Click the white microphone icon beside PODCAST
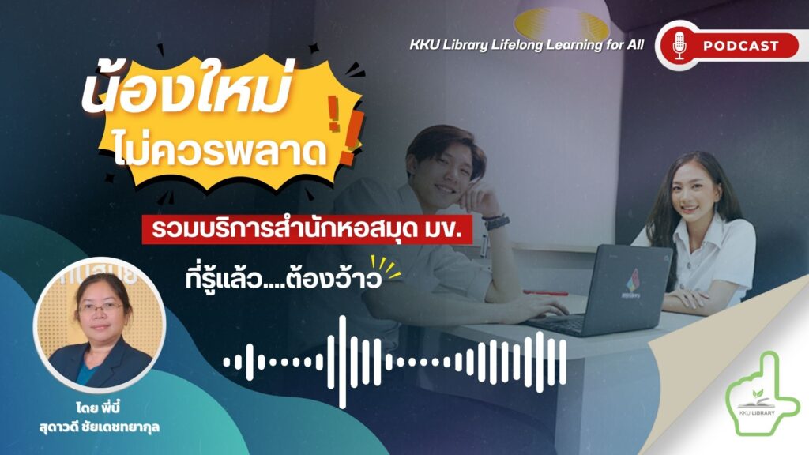pos(679,45)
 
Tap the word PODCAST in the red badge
pos(741,46)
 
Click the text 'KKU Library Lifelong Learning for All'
pos(527,45)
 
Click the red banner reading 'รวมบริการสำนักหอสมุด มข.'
pos(307,230)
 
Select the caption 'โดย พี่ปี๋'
pos(97,408)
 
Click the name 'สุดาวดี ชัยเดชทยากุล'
pos(99,427)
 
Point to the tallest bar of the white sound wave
pos(342,362)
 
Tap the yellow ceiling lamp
pos(562,24)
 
